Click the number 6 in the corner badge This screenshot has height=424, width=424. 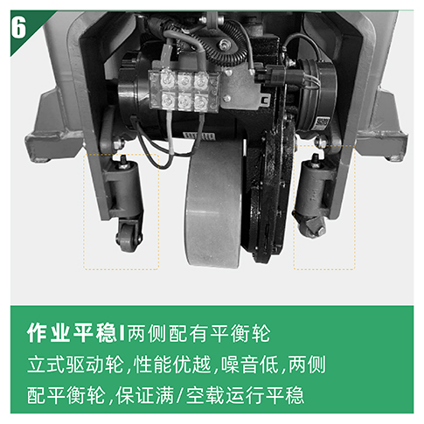[18, 27]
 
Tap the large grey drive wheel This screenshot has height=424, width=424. [214, 203]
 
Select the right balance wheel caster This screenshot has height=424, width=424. [311, 226]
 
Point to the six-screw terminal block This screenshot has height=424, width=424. [184, 90]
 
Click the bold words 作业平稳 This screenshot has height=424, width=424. [72, 333]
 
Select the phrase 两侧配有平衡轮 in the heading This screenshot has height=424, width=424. [199, 333]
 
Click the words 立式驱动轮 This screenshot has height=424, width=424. [75, 365]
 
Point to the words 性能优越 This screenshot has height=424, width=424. [172, 365]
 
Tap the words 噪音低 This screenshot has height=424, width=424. [250, 365]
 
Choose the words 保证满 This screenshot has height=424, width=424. [144, 395]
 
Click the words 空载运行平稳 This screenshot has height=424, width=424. [245, 395]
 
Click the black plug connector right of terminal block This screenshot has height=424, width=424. [269, 74]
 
